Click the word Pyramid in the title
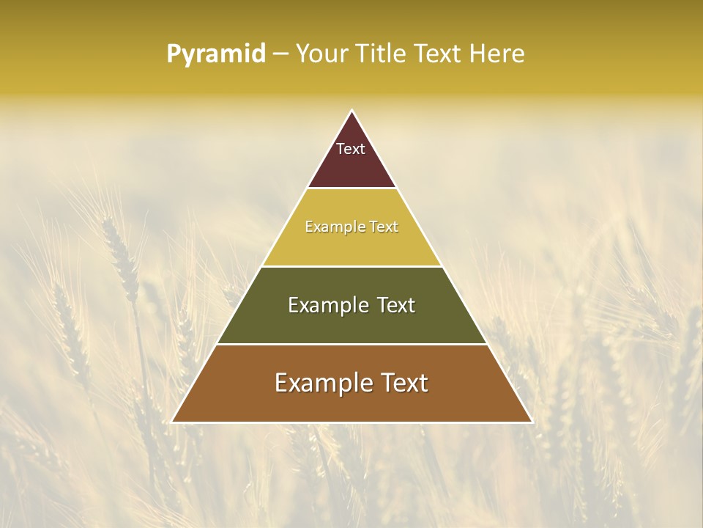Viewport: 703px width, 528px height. click(x=215, y=54)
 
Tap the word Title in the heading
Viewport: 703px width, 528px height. click(x=382, y=54)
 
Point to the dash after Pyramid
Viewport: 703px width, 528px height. click(x=280, y=54)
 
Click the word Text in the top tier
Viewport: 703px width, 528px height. click(x=351, y=149)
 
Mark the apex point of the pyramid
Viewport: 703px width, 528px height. click(x=351, y=111)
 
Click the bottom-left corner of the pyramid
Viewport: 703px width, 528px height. click(x=173, y=421)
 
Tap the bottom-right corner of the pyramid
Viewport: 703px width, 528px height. click(x=531, y=421)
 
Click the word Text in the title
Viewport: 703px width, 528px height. click(x=438, y=54)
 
